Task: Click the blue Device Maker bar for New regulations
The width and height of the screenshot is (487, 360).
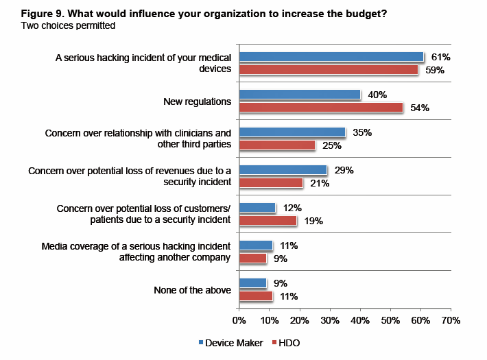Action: [299, 95]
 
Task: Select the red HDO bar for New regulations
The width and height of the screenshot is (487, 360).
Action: [320, 108]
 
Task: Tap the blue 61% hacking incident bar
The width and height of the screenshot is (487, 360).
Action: [331, 57]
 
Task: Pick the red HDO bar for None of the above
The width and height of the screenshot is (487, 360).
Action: [255, 296]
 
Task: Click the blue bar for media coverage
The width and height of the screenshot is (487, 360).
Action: [255, 245]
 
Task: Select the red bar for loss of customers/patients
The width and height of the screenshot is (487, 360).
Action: [268, 221]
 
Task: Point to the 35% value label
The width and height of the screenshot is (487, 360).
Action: [361, 132]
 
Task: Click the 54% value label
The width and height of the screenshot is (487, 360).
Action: [419, 108]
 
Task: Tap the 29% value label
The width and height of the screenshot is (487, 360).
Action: [343, 170]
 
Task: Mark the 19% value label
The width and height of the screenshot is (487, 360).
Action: [313, 221]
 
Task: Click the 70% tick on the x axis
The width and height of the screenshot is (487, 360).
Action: [450, 320]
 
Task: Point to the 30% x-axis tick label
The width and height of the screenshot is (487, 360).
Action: [329, 320]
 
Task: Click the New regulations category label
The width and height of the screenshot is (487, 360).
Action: [197, 101]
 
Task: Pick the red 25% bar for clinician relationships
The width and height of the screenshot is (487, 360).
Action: [276, 145]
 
